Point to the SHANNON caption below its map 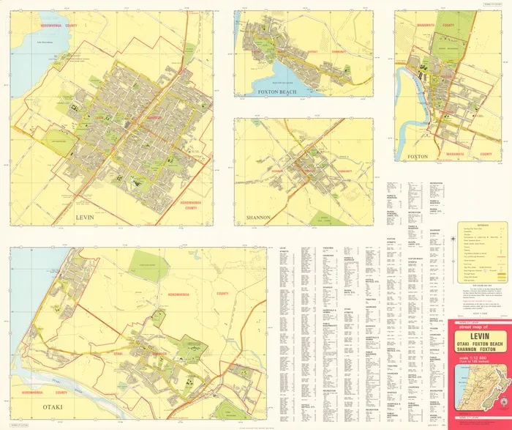(258, 218)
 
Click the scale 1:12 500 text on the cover (476, 359)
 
